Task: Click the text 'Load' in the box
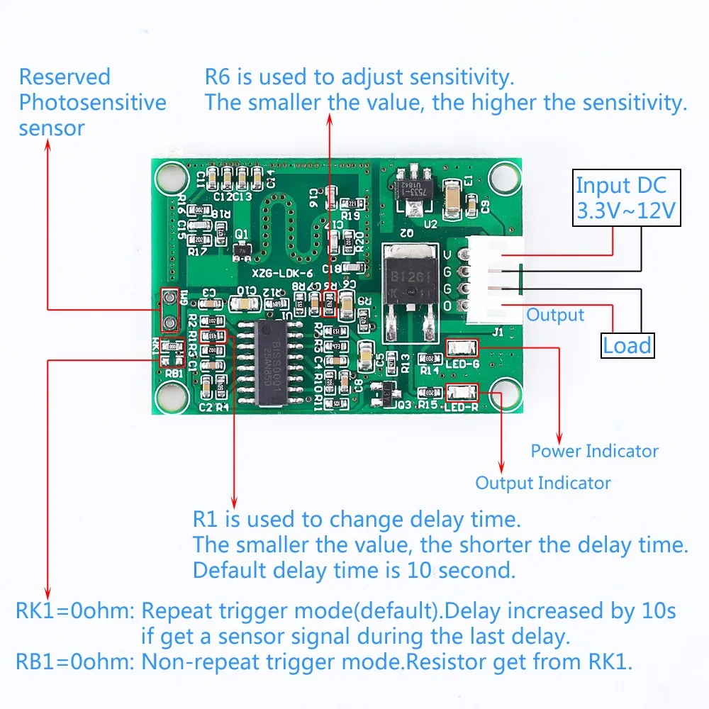click(627, 345)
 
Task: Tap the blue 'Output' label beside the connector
click(555, 315)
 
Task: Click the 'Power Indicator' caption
click(594, 451)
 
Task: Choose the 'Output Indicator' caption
click(542, 484)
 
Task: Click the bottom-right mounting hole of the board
click(504, 393)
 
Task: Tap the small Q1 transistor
click(243, 248)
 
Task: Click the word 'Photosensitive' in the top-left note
click(92, 102)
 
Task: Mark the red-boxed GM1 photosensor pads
click(169, 310)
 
